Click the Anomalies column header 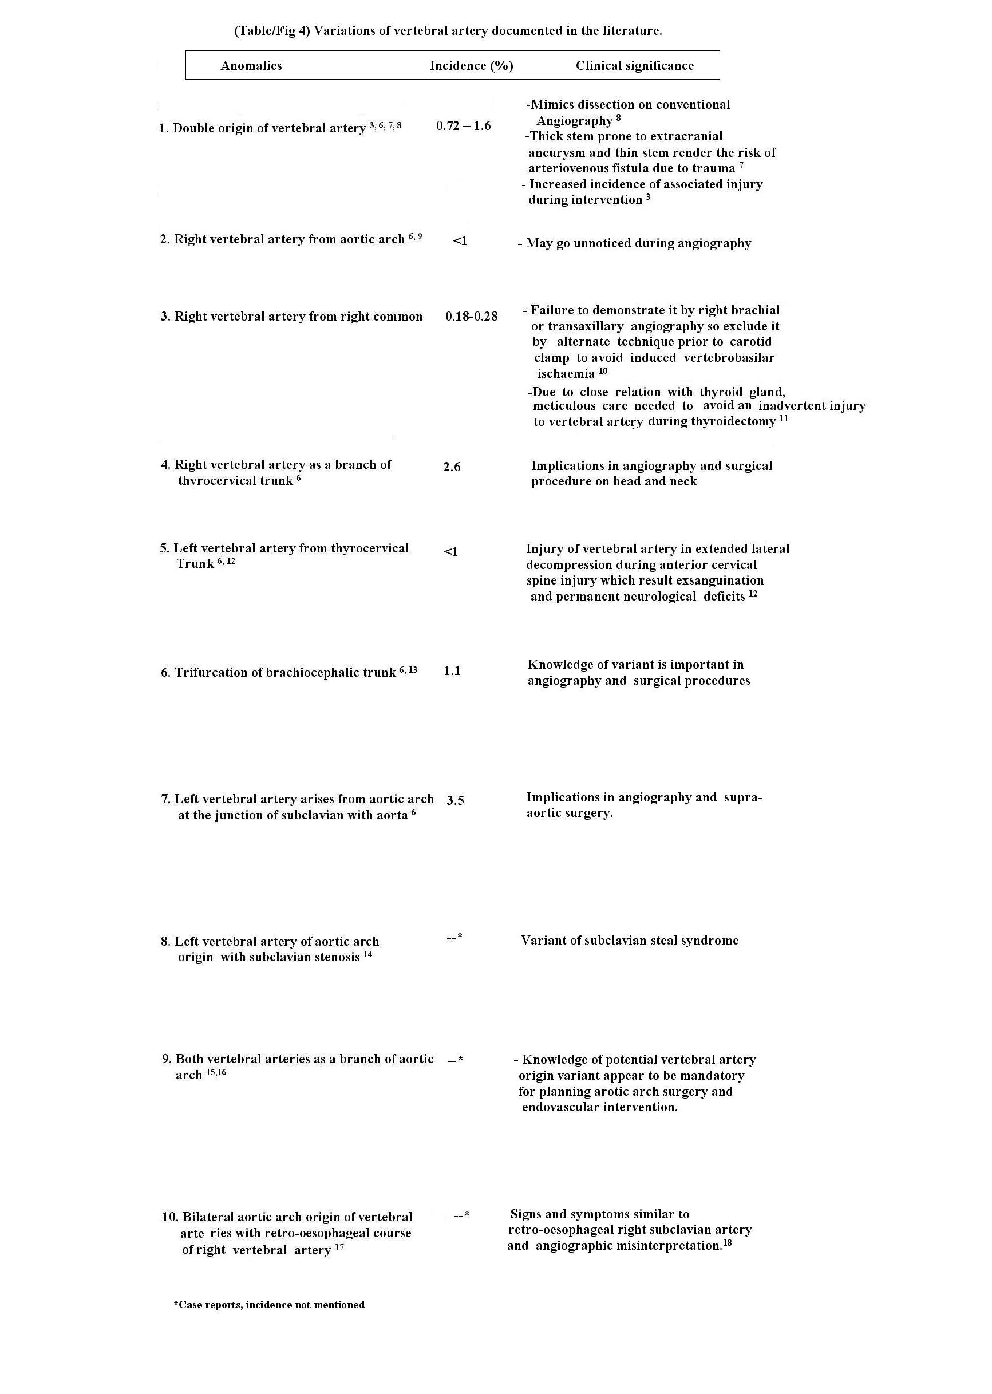click(251, 66)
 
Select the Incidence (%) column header click(471, 66)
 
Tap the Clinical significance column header click(635, 66)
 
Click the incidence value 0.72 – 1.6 click(463, 126)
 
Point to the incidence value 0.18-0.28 click(471, 317)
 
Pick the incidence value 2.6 click(452, 467)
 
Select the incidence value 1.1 click(452, 671)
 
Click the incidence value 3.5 click(455, 800)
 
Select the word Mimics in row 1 click(549, 104)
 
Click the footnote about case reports click(269, 1304)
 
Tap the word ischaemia click(566, 374)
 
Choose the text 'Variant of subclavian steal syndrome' click(629, 940)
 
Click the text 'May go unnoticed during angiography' click(638, 243)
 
